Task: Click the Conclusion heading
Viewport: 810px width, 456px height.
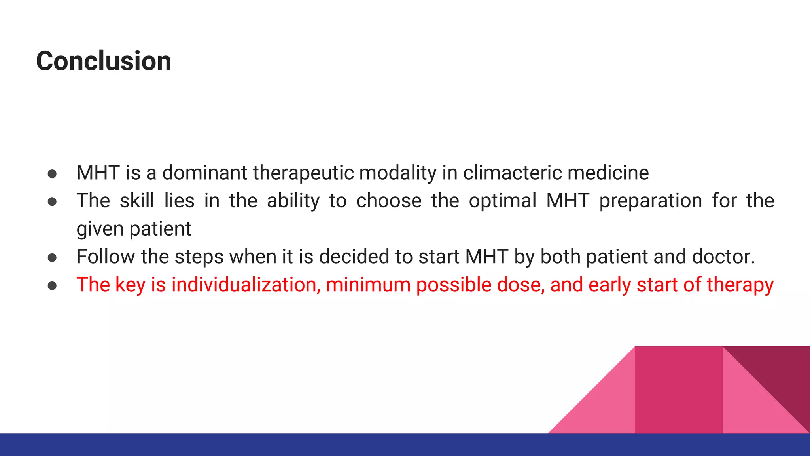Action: point(104,61)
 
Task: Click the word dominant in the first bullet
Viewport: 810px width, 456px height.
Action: point(204,173)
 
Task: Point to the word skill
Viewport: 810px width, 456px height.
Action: point(137,201)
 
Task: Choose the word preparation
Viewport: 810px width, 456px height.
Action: point(650,201)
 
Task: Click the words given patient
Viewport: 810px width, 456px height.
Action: point(134,229)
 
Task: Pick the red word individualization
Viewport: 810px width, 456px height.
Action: point(246,285)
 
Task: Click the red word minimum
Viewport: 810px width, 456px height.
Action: point(368,285)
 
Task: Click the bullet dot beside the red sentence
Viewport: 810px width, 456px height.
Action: point(52,286)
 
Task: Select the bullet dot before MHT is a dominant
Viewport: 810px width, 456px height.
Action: point(52,174)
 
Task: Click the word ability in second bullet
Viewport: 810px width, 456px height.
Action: point(293,201)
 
